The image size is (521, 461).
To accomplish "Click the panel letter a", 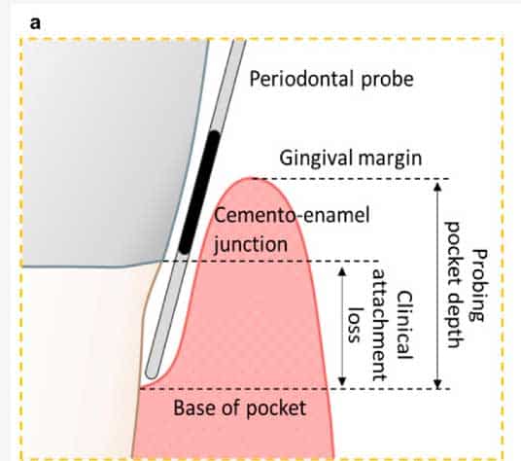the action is click(35, 23).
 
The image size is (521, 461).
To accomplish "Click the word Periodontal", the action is click(301, 79).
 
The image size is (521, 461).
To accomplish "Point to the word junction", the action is click(251, 245).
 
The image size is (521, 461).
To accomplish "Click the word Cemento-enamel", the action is click(292, 215).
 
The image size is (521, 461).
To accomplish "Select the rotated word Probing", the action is click(479, 286).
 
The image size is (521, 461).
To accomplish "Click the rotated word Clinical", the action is click(404, 325).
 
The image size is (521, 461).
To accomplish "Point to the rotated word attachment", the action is click(379, 325).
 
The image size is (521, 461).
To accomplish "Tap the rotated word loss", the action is click(354, 325).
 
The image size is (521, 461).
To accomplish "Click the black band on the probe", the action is click(199, 193).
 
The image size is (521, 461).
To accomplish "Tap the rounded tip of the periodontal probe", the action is click(151, 373).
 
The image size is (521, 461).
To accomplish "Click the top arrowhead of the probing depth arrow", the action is click(438, 187).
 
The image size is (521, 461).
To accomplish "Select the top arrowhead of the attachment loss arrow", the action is click(342, 272).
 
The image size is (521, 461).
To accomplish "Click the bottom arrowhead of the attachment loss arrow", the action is click(342, 381).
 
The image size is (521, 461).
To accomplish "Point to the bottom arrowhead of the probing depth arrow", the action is click(438, 384).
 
